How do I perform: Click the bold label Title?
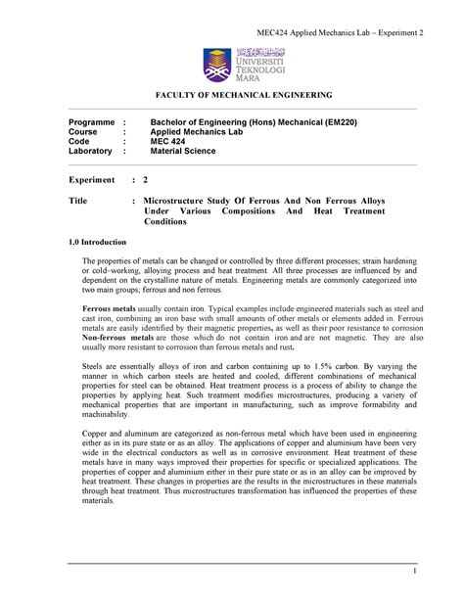(78, 199)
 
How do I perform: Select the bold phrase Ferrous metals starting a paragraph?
(110, 307)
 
